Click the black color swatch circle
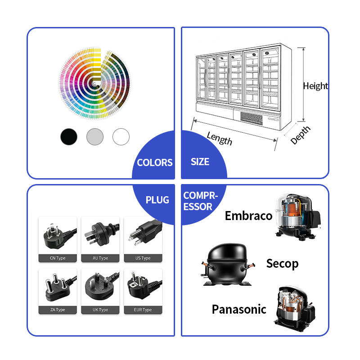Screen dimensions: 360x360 (x=69, y=137)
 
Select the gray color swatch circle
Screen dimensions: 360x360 (x=95, y=137)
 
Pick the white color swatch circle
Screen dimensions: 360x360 (x=121, y=137)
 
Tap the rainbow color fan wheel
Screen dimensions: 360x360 (x=94, y=83)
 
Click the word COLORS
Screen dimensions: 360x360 (x=155, y=162)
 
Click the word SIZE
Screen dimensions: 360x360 (x=200, y=162)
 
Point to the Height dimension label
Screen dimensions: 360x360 (x=316, y=86)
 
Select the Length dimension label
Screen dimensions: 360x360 (x=220, y=138)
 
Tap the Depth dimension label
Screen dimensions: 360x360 (x=300, y=135)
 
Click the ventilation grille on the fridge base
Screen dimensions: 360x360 (x=252, y=118)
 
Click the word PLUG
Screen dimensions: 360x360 (x=157, y=200)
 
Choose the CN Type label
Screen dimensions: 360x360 (x=58, y=258)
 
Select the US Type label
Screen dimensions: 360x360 (x=143, y=258)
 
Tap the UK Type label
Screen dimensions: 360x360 (x=100, y=310)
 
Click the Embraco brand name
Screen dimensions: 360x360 (x=249, y=216)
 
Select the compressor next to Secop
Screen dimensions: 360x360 (x=228, y=265)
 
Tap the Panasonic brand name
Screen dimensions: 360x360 (x=239, y=309)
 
